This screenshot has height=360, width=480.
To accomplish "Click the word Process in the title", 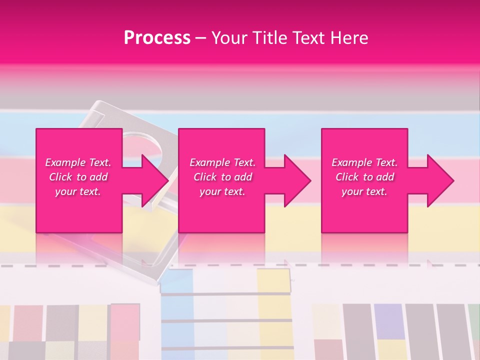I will [157, 38].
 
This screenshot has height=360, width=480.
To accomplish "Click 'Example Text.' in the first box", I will [78, 162].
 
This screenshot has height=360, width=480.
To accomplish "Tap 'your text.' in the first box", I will [78, 191].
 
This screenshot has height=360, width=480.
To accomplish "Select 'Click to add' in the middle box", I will [222, 177].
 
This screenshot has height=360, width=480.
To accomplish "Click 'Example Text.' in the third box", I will [364, 162].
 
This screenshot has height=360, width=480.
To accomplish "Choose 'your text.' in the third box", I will [364, 191].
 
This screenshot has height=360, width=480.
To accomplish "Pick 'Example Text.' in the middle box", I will [222, 162].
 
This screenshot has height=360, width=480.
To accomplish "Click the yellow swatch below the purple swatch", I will [391, 349].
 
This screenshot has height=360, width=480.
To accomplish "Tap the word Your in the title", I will [229, 38].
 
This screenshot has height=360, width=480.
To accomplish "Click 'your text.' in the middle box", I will [222, 191].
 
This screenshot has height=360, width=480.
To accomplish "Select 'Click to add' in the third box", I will [364, 177].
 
